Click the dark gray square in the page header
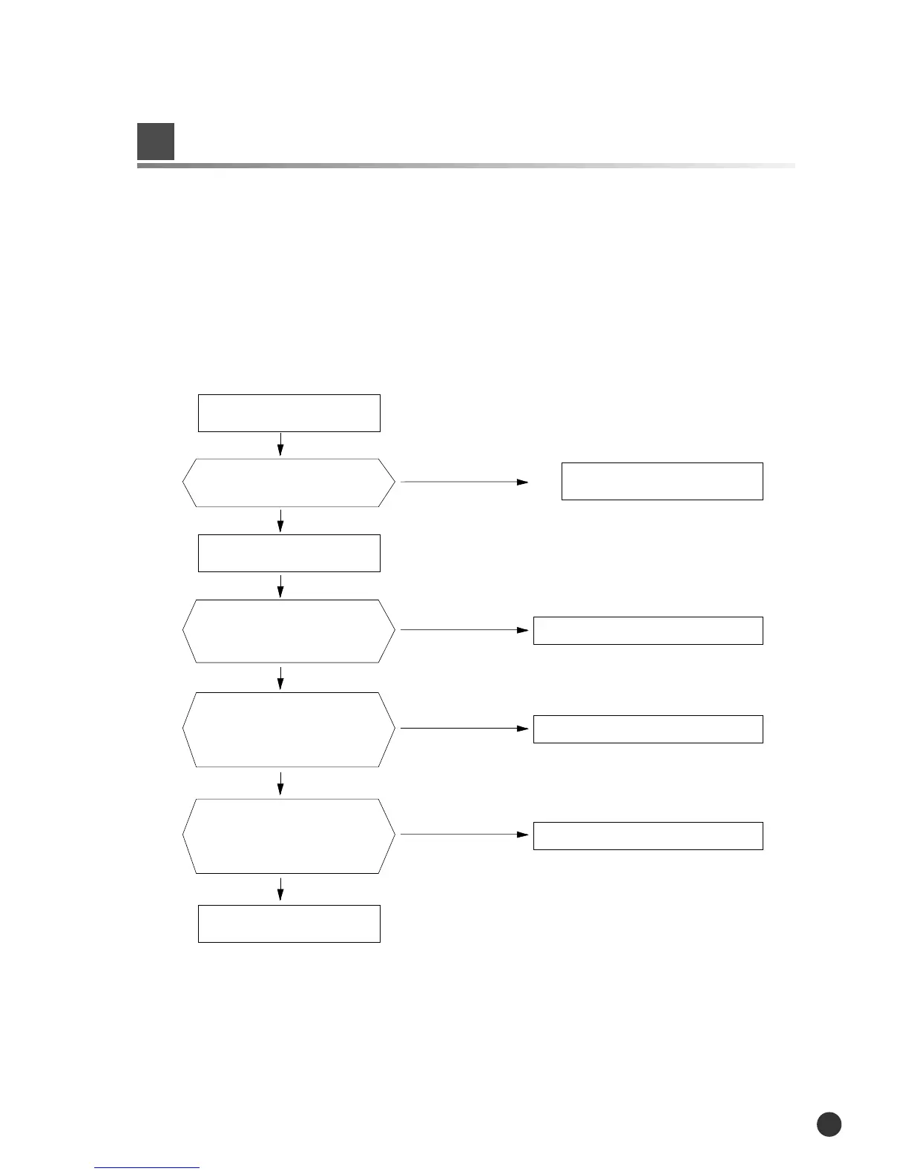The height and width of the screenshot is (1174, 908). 156,142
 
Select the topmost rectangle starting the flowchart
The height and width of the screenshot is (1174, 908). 289,413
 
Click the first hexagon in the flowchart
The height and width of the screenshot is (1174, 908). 289,482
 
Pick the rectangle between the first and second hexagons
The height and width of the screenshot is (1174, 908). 289,553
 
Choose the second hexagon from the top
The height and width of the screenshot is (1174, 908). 289,631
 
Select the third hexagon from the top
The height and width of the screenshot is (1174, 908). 289,729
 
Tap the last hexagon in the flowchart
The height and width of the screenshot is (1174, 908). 289,836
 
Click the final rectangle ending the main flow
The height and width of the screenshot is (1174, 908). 289,923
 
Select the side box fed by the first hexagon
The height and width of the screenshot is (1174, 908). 662,481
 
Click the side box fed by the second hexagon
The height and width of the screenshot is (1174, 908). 648,630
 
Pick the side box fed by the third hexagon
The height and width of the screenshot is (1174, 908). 648,729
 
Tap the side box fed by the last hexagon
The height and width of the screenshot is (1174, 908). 648,835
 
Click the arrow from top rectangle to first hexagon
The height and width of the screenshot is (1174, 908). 280,445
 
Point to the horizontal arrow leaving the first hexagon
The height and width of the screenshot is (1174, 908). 464,482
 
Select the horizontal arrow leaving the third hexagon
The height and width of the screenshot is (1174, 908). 464,729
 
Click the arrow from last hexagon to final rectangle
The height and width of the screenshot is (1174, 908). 280,889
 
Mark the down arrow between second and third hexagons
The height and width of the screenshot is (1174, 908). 280,677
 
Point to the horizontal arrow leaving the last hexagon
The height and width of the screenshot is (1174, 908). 464,835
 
